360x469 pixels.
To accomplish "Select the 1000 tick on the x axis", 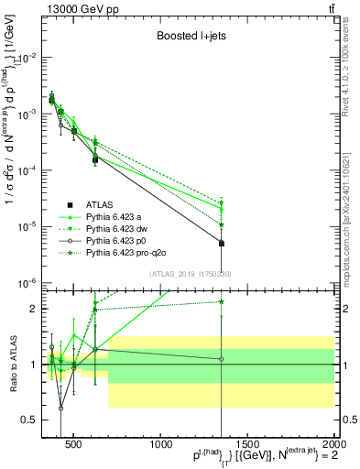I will (x=160, y=445).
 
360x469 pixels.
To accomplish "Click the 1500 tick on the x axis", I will (x=247, y=445).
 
